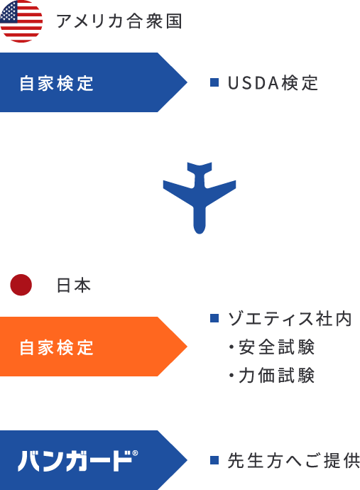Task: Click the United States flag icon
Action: tap(21, 21)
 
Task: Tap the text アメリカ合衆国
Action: tap(119, 21)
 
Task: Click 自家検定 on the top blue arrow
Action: tap(57, 83)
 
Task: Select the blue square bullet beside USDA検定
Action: tap(214, 82)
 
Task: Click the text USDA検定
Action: tap(273, 83)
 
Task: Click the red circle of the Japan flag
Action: tap(21, 285)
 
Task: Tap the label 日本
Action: tap(74, 285)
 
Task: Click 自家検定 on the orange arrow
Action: tap(57, 347)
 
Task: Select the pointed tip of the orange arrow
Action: tap(187, 347)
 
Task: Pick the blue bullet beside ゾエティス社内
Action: tap(214, 318)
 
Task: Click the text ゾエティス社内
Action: tap(290, 319)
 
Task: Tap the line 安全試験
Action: tap(271, 347)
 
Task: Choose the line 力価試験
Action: tap(271, 376)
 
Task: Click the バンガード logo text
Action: tap(75, 461)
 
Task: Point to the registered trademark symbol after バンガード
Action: tap(135, 453)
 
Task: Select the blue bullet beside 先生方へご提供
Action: tap(214, 460)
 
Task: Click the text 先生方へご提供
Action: tap(294, 461)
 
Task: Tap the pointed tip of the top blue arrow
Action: tap(187, 82)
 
